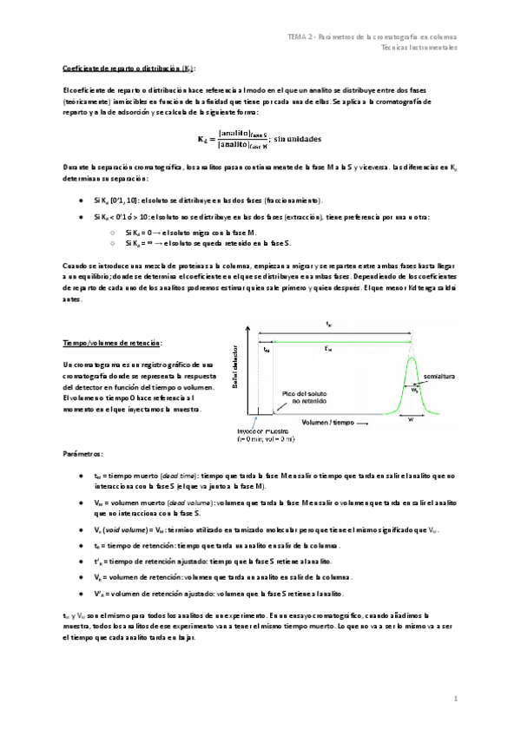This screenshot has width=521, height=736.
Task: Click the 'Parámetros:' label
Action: [x=82, y=454]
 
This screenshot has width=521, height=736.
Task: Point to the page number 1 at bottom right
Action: [x=455, y=698]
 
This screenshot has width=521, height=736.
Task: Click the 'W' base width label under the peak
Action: [x=411, y=417]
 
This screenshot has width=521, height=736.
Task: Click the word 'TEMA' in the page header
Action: [x=299, y=37]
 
